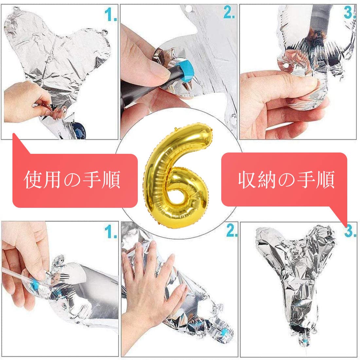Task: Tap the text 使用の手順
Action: (72, 180)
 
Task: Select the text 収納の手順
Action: (286, 180)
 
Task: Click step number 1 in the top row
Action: (111, 14)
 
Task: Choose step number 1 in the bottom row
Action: (111, 231)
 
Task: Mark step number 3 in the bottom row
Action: (351, 230)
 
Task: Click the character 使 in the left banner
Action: (33, 180)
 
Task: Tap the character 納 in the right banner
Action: (267, 180)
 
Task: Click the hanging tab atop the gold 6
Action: (176, 129)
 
